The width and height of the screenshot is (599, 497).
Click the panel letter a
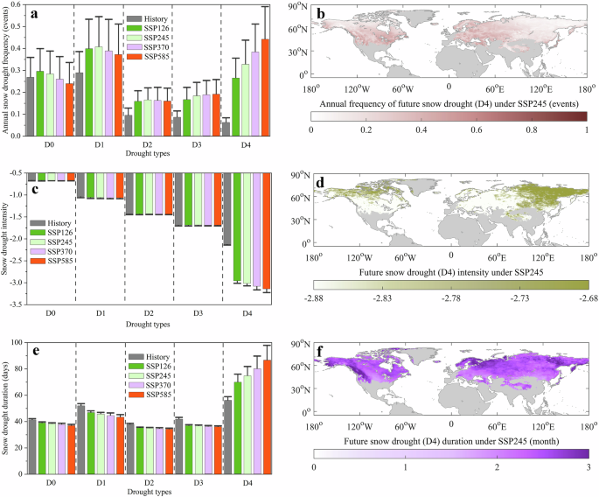pyautogui.click(x=33, y=12)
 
